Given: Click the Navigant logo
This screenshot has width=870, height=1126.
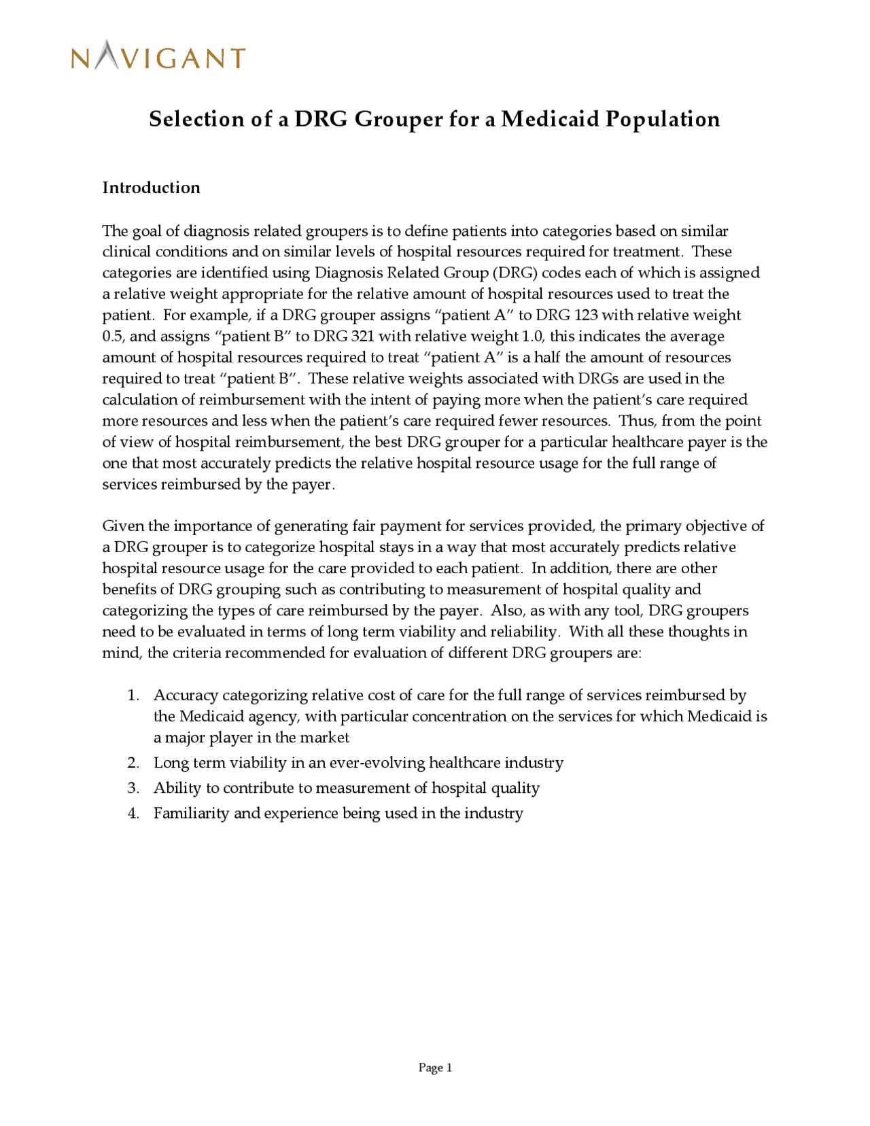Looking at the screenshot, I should click(x=158, y=56).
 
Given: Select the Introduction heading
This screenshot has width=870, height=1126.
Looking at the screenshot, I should click(x=151, y=188).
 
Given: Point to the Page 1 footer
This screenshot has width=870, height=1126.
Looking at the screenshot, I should click(x=435, y=1068).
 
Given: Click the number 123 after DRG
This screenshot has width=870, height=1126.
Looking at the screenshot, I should click(x=586, y=315).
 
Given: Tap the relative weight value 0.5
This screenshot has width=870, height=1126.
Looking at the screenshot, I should click(x=112, y=336).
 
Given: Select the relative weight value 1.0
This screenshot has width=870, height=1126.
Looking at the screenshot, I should click(x=532, y=336).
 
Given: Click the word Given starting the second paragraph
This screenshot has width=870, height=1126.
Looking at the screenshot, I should click(x=123, y=526).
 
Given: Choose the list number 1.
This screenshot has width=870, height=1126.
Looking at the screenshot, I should click(x=133, y=695).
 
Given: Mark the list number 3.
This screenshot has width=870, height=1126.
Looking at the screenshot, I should click(x=133, y=788).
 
